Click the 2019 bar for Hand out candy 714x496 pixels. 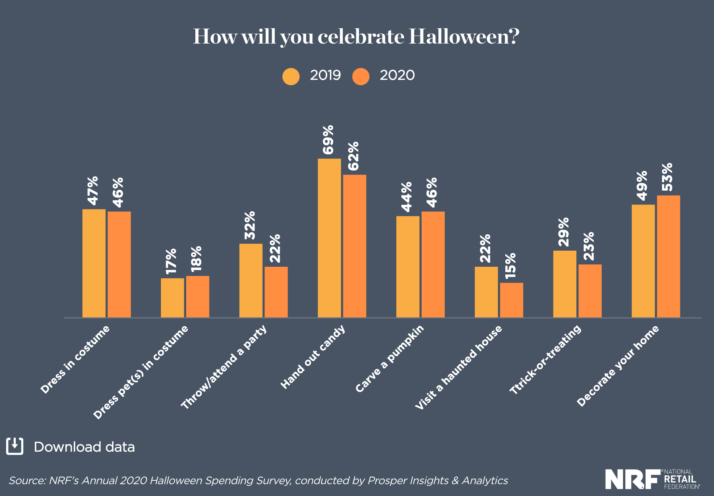click(x=329, y=238)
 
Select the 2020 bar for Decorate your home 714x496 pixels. click(x=668, y=256)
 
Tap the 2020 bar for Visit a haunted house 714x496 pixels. click(x=511, y=300)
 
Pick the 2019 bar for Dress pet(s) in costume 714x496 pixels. click(x=172, y=298)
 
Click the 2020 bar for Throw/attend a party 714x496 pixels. click(x=276, y=292)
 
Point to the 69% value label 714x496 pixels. click(x=328, y=140)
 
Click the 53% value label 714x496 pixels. click(x=667, y=177)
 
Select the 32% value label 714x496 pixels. click(x=250, y=225)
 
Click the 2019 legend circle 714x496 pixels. click(x=291, y=76)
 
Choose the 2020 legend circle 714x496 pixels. click(x=361, y=76)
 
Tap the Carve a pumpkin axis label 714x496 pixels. click(x=389, y=359)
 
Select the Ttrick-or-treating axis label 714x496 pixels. click(x=545, y=360)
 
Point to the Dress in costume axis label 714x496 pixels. click(x=75, y=360)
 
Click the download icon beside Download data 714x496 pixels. click(x=15, y=446)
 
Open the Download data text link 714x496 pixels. click(x=84, y=447)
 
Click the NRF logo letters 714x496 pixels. click(x=633, y=479)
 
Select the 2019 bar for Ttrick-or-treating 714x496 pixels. click(x=565, y=284)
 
